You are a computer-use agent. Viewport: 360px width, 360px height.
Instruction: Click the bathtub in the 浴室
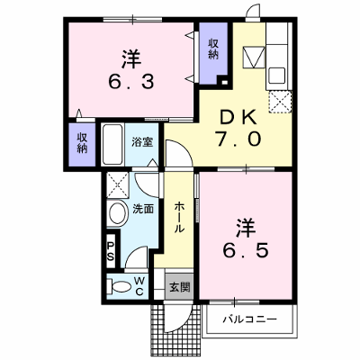pos(112,144)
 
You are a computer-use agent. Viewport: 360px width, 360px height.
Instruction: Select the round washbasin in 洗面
pos(117,213)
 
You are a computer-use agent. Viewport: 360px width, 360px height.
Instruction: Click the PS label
pos(111,251)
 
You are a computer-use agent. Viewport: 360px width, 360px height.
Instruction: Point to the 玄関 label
pos(180,287)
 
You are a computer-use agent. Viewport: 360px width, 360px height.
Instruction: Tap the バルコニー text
pos(249,319)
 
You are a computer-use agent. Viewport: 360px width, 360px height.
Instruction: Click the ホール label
pos(179,218)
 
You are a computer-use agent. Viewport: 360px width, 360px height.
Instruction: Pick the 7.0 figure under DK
pos(237,139)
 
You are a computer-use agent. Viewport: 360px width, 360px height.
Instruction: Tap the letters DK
pos(238,118)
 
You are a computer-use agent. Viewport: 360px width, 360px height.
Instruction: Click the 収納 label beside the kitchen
pos(213,49)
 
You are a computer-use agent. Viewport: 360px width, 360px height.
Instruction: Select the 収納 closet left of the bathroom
pos(82,144)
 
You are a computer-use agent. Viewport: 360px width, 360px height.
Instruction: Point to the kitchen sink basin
pos(276,75)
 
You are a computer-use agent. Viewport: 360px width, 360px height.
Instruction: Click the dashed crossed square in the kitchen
pos(280,103)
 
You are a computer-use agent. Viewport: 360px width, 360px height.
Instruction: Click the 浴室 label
pos(143,142)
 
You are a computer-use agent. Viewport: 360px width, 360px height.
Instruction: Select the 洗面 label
pos(143,209)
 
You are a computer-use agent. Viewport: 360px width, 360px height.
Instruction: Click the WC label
pos(140,286)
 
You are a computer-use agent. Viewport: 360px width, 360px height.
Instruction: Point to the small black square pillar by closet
pos(224,81)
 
